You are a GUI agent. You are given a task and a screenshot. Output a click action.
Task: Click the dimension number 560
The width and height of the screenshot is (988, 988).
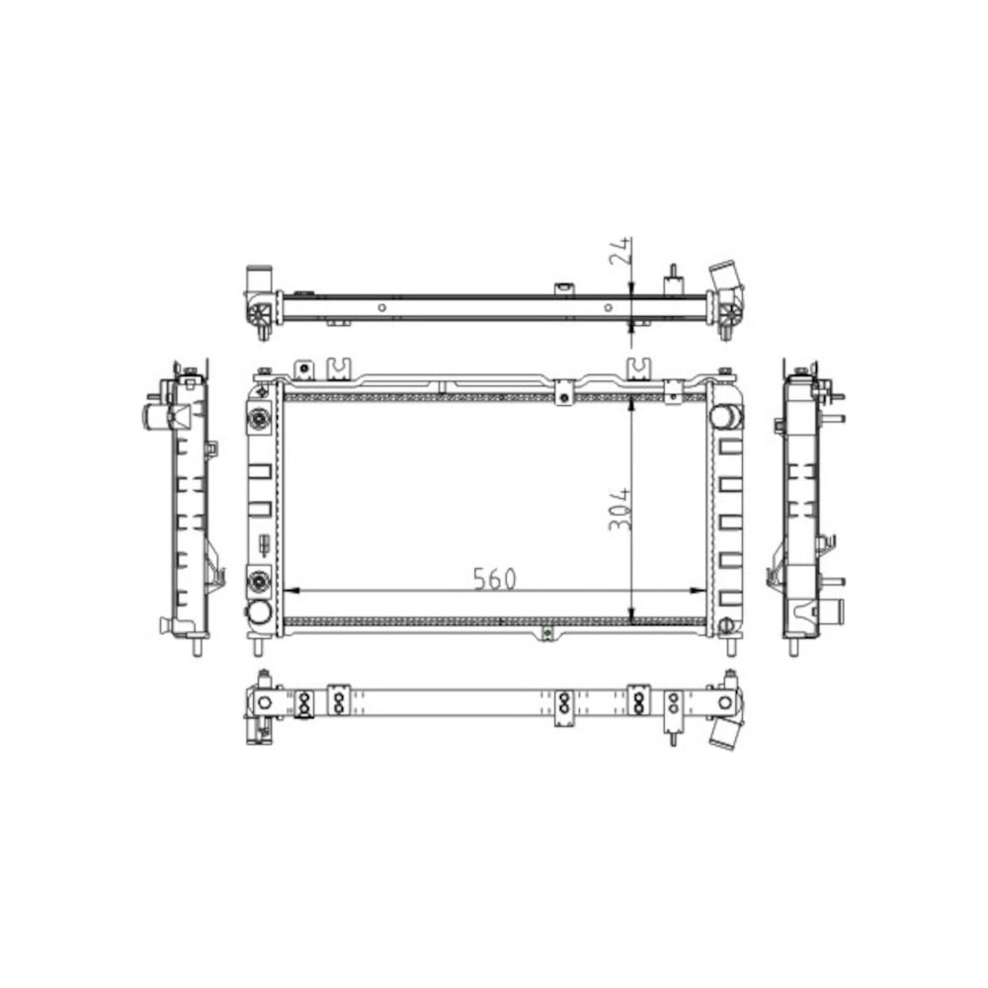pos(493,579)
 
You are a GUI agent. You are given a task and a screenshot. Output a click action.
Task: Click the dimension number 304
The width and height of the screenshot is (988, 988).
pos(620,508)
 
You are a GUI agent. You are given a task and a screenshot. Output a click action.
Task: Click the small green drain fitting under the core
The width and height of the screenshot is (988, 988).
pos(546,632)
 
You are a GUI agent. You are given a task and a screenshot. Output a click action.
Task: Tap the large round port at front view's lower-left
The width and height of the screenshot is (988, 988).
pos(259,613)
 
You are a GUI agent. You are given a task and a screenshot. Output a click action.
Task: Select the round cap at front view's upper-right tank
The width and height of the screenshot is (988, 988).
pos(729,416)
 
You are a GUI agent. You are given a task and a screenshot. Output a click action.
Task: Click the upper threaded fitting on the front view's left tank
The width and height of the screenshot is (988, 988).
pos(260,419)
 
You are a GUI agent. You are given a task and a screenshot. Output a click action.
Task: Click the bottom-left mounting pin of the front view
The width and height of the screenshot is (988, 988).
pos(259,645)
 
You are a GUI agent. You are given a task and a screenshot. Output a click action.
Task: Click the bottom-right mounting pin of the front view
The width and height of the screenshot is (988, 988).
pos(731,645)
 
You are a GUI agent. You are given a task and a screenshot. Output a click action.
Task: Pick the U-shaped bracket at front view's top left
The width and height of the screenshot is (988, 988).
pos(339,368)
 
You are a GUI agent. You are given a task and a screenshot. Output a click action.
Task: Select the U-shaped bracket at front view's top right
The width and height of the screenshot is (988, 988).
pos(639,369)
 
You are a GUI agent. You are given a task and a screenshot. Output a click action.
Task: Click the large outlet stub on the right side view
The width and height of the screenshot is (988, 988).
pos(836,613)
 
